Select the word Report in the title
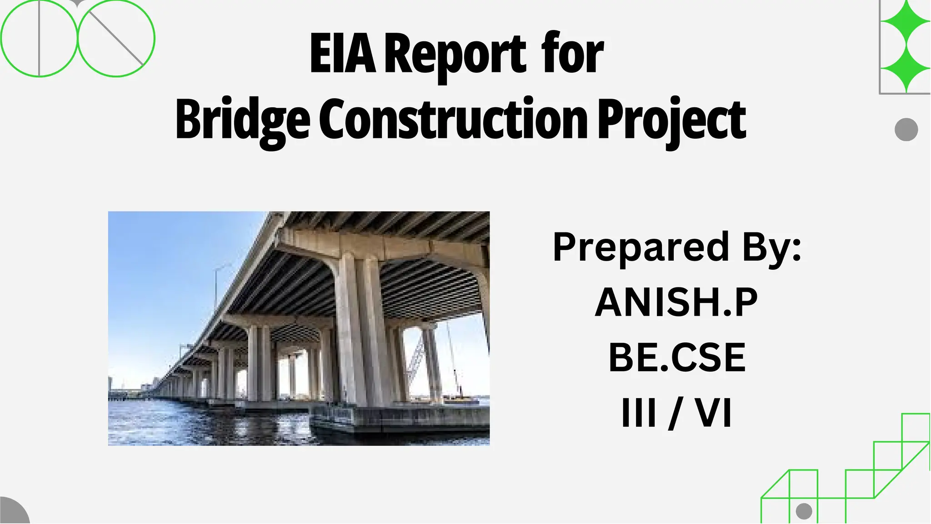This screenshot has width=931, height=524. point(455,55)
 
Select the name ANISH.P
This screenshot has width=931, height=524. point(676,302)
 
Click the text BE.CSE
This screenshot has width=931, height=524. point(677,358)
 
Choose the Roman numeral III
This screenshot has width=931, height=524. point(639,413)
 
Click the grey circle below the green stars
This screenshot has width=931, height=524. point(906,130)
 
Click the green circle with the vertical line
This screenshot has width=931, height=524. point(39,38)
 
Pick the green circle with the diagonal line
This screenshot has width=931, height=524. point(116,38)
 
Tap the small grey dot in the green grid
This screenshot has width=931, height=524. point(804,511)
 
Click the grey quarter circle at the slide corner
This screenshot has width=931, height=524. point(11,513)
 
